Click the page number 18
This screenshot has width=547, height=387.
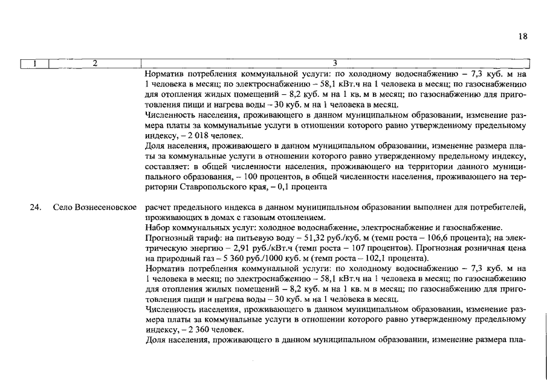coord(523,37)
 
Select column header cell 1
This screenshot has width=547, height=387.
coord(34,63)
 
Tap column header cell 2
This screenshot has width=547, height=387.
coord(94,63)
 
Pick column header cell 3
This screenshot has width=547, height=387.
coord(335,63)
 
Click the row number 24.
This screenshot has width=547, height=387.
coord(36,208)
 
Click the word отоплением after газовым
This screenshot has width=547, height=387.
coord(303,218)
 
